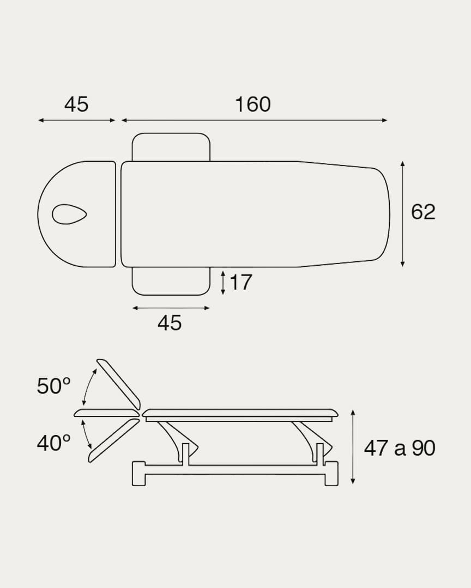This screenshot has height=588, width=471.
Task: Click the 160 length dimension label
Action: click(252, 105)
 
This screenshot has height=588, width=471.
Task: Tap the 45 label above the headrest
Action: click(76, 105)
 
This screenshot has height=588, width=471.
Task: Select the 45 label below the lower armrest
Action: click(170, 323)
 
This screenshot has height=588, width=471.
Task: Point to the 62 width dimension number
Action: click(423, 212)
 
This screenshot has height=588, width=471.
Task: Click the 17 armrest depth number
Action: click(240, 283)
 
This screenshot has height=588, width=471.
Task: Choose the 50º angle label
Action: click(53, 387)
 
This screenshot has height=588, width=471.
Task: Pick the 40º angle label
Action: click(53, 443)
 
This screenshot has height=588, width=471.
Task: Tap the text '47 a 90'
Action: click(400, 448)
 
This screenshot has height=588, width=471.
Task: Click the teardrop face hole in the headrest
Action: click(69, 213)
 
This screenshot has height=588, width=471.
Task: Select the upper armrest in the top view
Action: click(171, 147)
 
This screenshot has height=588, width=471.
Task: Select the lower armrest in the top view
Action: click(171, 281)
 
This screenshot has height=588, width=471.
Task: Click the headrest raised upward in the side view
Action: click(119, 383)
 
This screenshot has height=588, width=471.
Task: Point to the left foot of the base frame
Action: click(138, 473)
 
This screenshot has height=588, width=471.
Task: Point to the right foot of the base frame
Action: click(331, 473)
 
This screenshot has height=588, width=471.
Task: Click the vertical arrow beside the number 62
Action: click(402, 214)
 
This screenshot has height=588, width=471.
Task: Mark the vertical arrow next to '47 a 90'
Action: click(353, 447)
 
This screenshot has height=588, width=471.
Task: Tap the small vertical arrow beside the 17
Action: click(223, 283)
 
